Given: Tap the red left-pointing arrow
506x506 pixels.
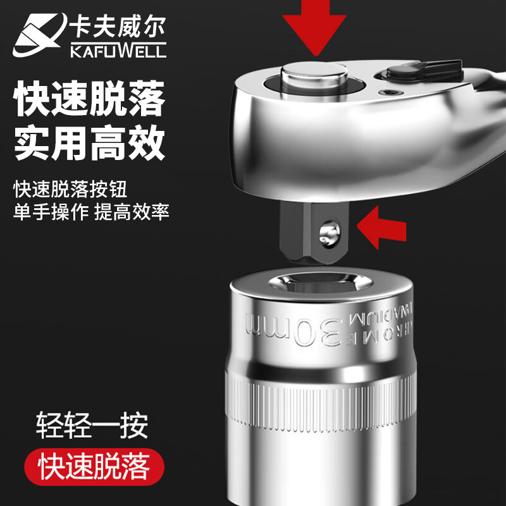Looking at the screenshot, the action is pos(382,228).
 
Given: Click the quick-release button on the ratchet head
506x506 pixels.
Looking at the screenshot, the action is pos(314,77).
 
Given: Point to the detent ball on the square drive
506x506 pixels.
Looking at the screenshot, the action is pos(329,233).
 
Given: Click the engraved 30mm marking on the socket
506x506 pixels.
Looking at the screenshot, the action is pos(293,331).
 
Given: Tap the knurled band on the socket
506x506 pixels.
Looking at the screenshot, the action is pos(321,404).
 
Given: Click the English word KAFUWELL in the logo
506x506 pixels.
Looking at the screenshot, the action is pos(118,51).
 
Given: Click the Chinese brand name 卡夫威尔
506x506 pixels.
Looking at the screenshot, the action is pos(118,26).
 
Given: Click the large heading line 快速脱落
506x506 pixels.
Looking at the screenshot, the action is pos(89,99).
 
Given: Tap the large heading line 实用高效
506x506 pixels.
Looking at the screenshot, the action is pos(89,143).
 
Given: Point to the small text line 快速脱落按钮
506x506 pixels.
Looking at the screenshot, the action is pos(70,188).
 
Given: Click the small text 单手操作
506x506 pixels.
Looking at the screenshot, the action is pos(51,212).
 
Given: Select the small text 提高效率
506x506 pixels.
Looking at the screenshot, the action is pos(132,212).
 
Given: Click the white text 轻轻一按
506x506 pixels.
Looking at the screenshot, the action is pos(92,424).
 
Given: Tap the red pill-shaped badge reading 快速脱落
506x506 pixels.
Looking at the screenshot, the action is pos(94,467).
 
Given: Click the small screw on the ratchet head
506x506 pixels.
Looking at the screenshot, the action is pos(390,92).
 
